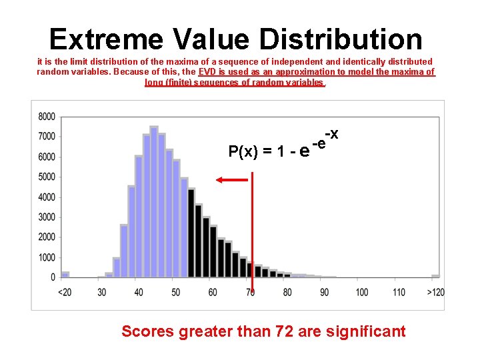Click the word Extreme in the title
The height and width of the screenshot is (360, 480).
point(105,39)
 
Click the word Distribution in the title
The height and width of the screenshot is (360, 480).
point(341,39)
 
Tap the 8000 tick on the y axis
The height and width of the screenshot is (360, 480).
point(47,117)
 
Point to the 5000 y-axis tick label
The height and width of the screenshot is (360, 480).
point(47,177)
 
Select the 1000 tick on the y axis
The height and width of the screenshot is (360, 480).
point(47,258)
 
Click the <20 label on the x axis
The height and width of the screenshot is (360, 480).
point(65,293)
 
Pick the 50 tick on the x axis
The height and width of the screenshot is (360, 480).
point(176,293)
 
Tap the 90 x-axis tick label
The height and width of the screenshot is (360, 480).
point(324,293)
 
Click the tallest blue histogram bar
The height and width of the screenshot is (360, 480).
point(154,200)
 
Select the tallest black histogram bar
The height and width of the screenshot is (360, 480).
point(191,233)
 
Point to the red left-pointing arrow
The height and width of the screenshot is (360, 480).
point(230,179)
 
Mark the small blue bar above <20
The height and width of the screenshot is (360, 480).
point(65,274)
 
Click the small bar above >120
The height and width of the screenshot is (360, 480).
point(435,275)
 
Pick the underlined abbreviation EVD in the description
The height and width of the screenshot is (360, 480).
point(207,71)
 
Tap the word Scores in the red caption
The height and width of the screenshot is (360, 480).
point(147,331)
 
